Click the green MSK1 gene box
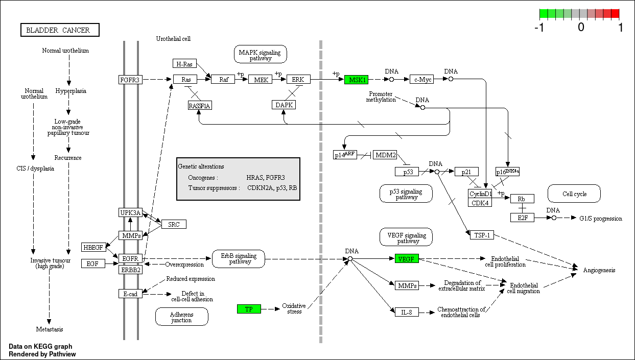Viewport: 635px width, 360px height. [x=356, y=80]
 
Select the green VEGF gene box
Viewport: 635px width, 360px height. [x=407, y=259]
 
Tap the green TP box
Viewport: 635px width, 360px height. [x=249, y=309]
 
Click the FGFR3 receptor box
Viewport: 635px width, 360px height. [x=130, y=80]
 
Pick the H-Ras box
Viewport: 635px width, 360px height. [x=184, y=64]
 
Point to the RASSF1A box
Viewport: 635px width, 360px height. [x=199, y=106]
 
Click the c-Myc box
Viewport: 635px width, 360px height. [x=421, y=80]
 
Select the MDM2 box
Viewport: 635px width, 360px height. [x=385, y=155]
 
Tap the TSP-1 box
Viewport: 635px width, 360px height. [x=481, y=234]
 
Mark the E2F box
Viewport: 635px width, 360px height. [x=522, y=218]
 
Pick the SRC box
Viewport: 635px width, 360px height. [x=174, y=224]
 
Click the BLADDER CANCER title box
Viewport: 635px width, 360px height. [x=60, y=30]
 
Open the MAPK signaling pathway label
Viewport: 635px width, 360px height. [x=260, y=54]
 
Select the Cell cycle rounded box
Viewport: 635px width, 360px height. [x=574, y=194]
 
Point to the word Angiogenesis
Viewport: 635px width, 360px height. [x=599, y=270]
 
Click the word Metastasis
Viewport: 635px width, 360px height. [x=49, y=329]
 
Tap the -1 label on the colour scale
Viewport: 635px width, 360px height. [x=539, y=28]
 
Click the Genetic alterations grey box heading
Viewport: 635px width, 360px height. [x=201, y=166]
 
